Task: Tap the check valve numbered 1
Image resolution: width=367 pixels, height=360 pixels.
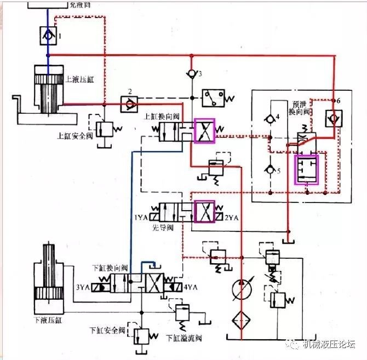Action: click(x=49, y=36)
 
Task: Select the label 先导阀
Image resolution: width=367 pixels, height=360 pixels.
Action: click(x=163, y=228)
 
